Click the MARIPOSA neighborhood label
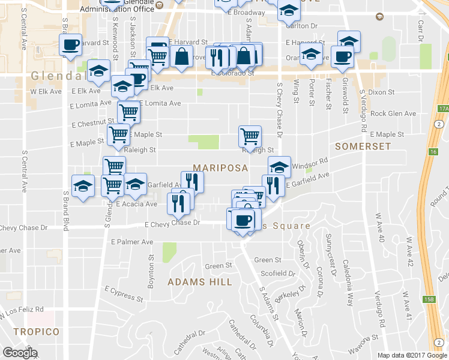pos(220,169)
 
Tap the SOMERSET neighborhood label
pos(363,146)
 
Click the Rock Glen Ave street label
pos(393,113)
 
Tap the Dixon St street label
pos(381,92)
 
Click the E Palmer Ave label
pos(132,242)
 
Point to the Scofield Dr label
pos(275,273)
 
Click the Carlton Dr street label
pos(301,26)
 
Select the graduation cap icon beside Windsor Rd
pos(279,166)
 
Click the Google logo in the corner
pos(20,353)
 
